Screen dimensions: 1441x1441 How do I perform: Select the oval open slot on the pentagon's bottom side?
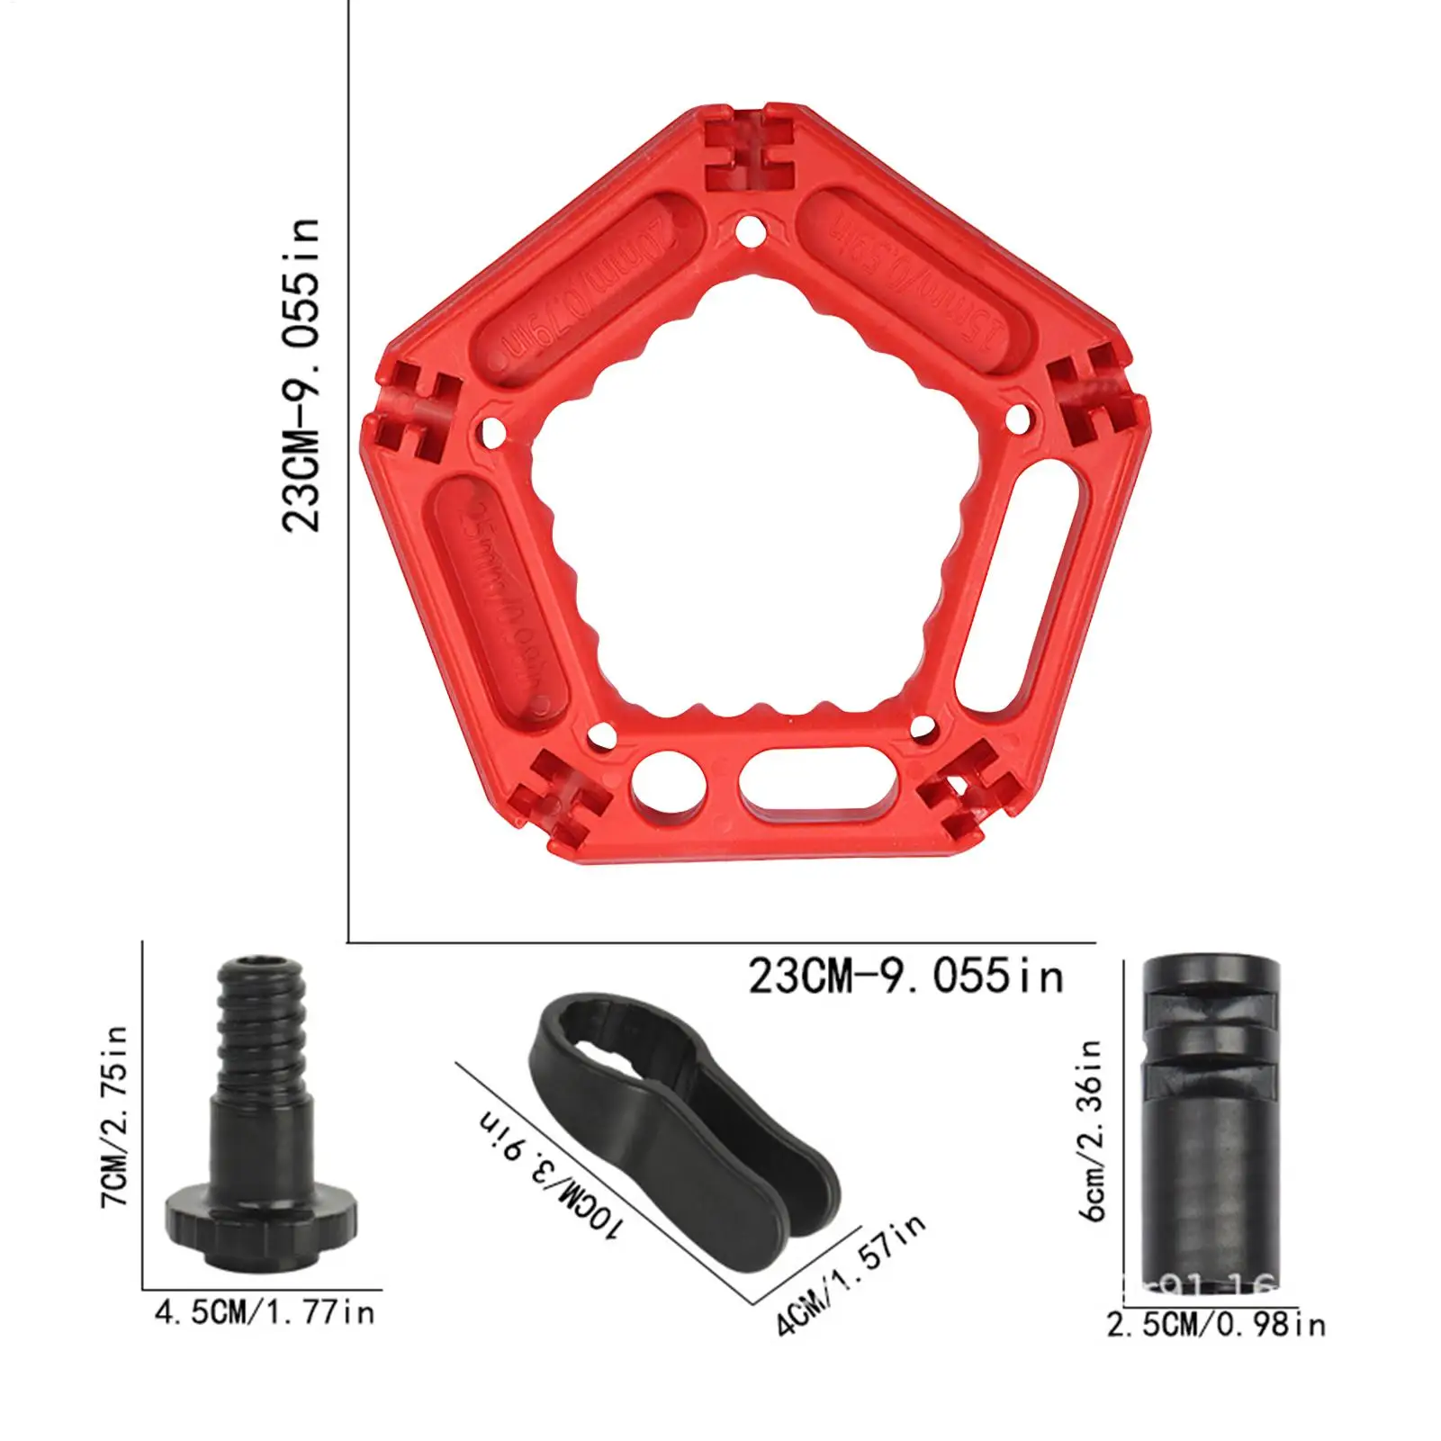[x=817, y=779]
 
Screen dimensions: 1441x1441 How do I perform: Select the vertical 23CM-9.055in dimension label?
[x=301, y=374]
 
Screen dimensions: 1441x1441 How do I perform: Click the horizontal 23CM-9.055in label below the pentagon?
[x=905, y=977]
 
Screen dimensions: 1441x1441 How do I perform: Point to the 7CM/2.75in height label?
[x=114, y=1116]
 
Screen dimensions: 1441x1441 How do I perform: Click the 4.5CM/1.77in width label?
[x=265, y=1312]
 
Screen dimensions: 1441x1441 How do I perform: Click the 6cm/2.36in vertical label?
[x=1092, y=1130]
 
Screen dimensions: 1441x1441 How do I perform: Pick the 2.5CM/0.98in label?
[x=1216, y=1325]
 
